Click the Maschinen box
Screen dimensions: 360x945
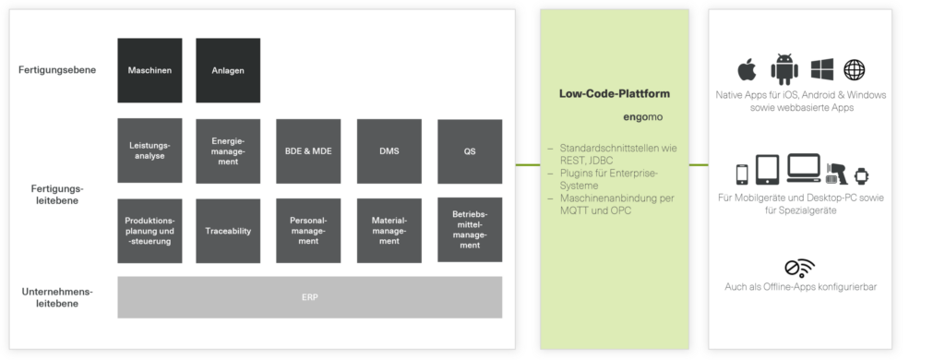tap(150, 70)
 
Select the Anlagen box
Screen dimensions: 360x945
tap(228, 70)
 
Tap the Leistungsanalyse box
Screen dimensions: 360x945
tap(150, 150)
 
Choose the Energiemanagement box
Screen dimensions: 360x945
tap(228, 150)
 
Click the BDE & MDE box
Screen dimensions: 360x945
tap(309, 150)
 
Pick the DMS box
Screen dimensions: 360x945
tap(389, 150)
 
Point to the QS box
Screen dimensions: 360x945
tap(470, 150)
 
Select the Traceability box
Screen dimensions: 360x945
tap(228, 230)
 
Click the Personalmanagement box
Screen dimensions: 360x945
tap(309, 230)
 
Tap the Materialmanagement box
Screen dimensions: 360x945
tap(389, 230)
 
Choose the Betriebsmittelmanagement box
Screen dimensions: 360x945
tap(470, 230)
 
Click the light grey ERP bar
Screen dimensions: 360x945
tap(310, 296)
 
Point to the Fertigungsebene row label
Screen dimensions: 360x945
tap(57, 70)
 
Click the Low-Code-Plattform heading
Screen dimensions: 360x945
tap(615, 94)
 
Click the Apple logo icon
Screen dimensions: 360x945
tap(747, 69)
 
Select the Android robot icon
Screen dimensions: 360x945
tap(785, 68)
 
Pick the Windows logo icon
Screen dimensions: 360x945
tap(822, 69)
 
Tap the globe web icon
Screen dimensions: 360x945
tap(855, 69)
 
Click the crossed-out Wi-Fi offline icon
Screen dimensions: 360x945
tap(799, 268)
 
